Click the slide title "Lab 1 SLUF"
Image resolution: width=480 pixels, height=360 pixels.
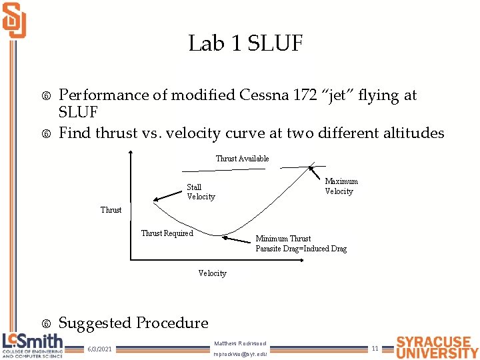click(245, 44)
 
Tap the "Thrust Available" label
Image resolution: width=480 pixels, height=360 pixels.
click(242, 159)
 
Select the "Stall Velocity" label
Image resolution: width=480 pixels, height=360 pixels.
click(201, 192)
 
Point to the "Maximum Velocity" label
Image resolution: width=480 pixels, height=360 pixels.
click(341, 186)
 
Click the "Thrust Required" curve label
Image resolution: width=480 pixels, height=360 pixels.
click(167, 233)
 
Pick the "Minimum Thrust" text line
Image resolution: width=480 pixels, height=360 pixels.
click(283, 239)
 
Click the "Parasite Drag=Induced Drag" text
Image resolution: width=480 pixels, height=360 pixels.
click(301, 249)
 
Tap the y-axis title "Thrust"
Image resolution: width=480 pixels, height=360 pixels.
click(111, 210)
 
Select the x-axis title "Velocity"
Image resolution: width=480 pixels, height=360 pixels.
click(212, 273)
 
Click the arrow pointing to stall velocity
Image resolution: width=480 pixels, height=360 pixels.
click(167, 194)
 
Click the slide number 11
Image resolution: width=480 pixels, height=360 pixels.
click(375, 348)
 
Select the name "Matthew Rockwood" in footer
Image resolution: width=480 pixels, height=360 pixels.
click(240, 343)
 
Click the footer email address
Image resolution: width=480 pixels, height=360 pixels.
click(240, 354)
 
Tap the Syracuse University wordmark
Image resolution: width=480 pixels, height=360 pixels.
click(437, 347)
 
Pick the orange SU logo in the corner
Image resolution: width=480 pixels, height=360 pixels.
click(14, 20)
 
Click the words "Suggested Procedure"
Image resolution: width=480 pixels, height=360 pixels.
click(133, 323)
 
